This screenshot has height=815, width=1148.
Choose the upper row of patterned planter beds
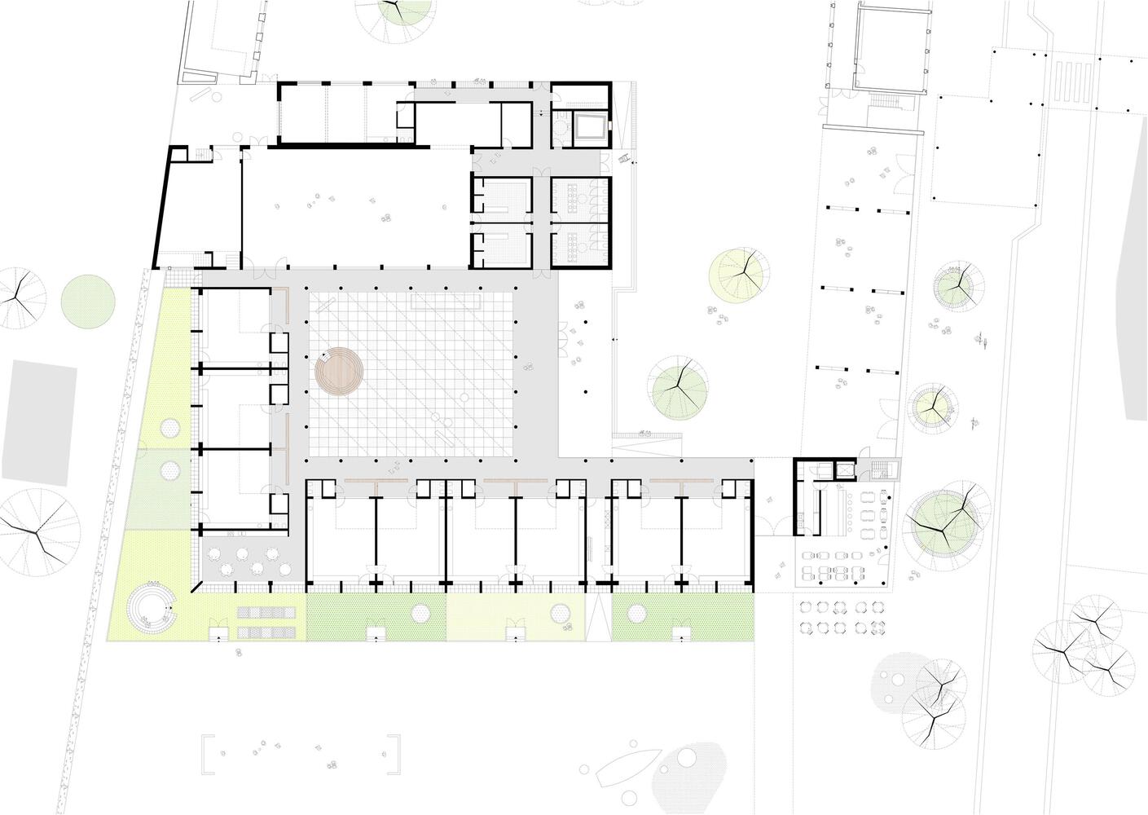pyautogui.click(x=266, y=612)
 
